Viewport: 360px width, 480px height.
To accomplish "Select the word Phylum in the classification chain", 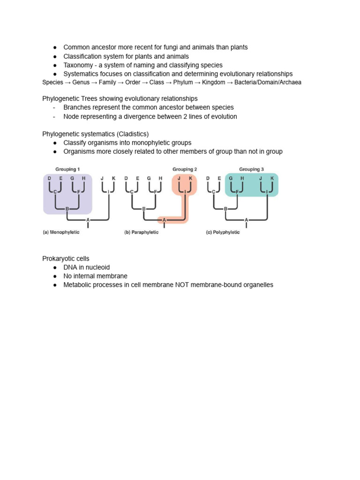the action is click(x=183, y=82).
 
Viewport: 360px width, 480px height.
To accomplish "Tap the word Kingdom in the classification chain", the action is click(x=214, y=82).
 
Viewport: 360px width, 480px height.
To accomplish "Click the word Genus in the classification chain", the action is click(x=81, y=82).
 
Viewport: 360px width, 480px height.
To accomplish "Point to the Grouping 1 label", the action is click(x=67, y=169).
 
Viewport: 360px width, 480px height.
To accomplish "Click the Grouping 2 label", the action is click(x=185, y=169).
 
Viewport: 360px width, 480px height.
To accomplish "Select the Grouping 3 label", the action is click(x=251, y=169).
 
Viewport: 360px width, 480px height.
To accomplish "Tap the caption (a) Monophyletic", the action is click(x=61, y=232).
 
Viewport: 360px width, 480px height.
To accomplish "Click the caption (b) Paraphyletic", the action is click(x=142, y=232).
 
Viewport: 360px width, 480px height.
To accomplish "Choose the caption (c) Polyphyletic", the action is click(x=223, y=232).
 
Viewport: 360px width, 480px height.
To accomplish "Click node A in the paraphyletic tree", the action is click(x=164, y=220).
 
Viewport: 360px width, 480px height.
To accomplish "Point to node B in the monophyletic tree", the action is click(x=67, y=209).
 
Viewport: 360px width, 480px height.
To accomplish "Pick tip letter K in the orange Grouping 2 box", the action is click(x=190, y=178).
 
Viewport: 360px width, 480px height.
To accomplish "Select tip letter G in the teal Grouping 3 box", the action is click(x=231, y=178).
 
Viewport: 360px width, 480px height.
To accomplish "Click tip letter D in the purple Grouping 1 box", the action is click(x=49, y=178).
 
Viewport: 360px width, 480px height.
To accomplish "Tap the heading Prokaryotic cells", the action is click(x=66, y=259).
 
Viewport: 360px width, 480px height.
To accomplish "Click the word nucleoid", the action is click(x=98, y=267).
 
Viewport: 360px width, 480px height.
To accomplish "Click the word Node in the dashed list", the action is click(x=70, y=117).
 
